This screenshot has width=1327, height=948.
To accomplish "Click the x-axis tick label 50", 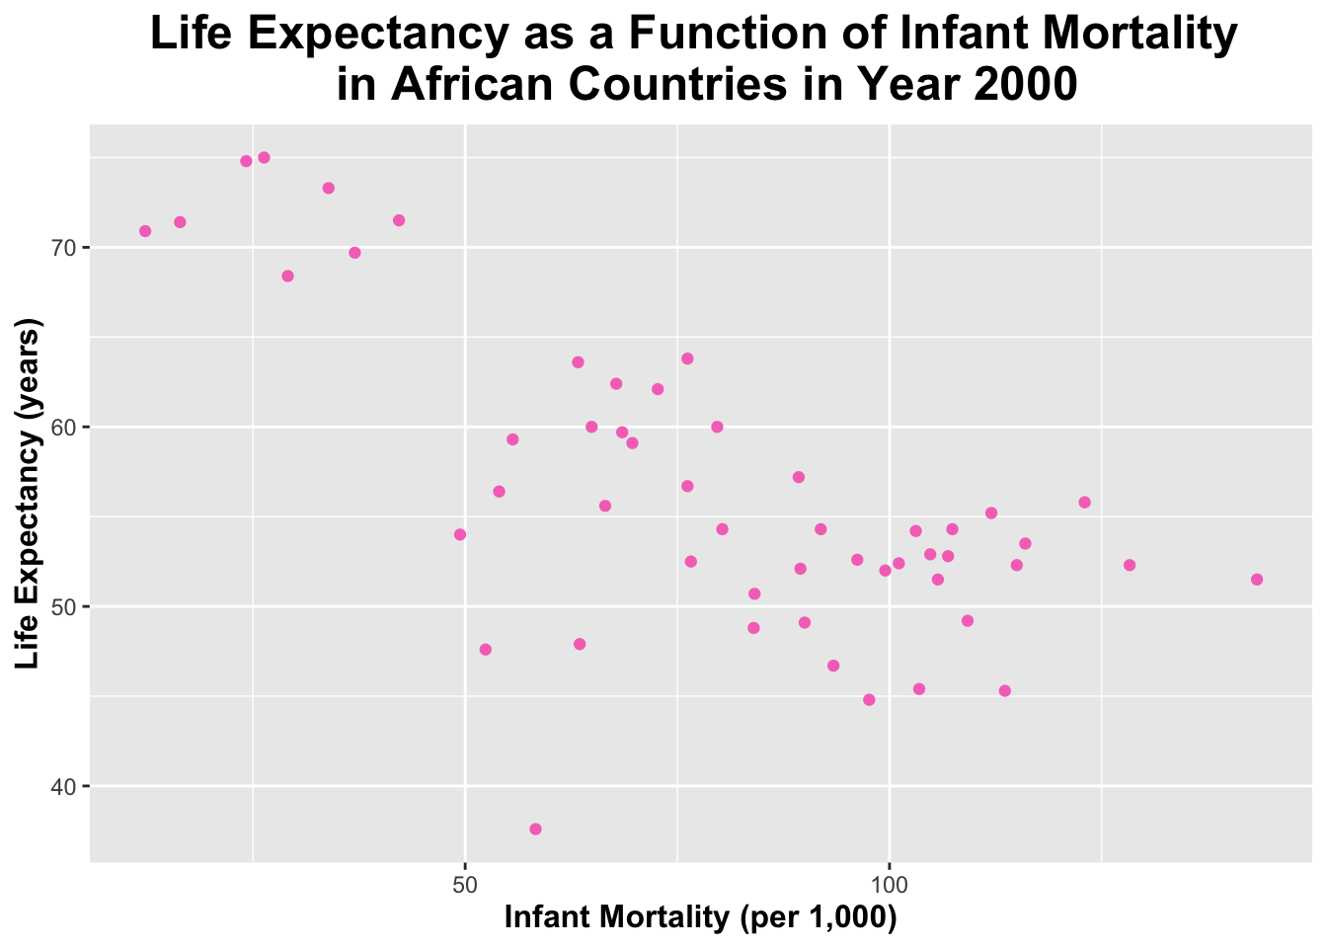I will pos(465,881).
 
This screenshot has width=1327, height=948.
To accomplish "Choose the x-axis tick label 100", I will pos(890,881).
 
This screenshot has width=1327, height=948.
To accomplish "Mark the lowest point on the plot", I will pos(535,829).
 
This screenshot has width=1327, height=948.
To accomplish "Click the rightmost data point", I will pos(1256,580).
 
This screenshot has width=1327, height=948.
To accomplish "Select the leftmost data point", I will pos(145,231).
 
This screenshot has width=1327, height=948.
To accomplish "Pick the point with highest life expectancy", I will pos(264,158).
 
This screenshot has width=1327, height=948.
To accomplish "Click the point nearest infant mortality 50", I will pos(459,534).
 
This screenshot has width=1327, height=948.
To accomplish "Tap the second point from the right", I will pos(1130,565).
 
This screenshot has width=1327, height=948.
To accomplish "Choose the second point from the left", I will pos(180,222).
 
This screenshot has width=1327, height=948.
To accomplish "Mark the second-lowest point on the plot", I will pos(869,699).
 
